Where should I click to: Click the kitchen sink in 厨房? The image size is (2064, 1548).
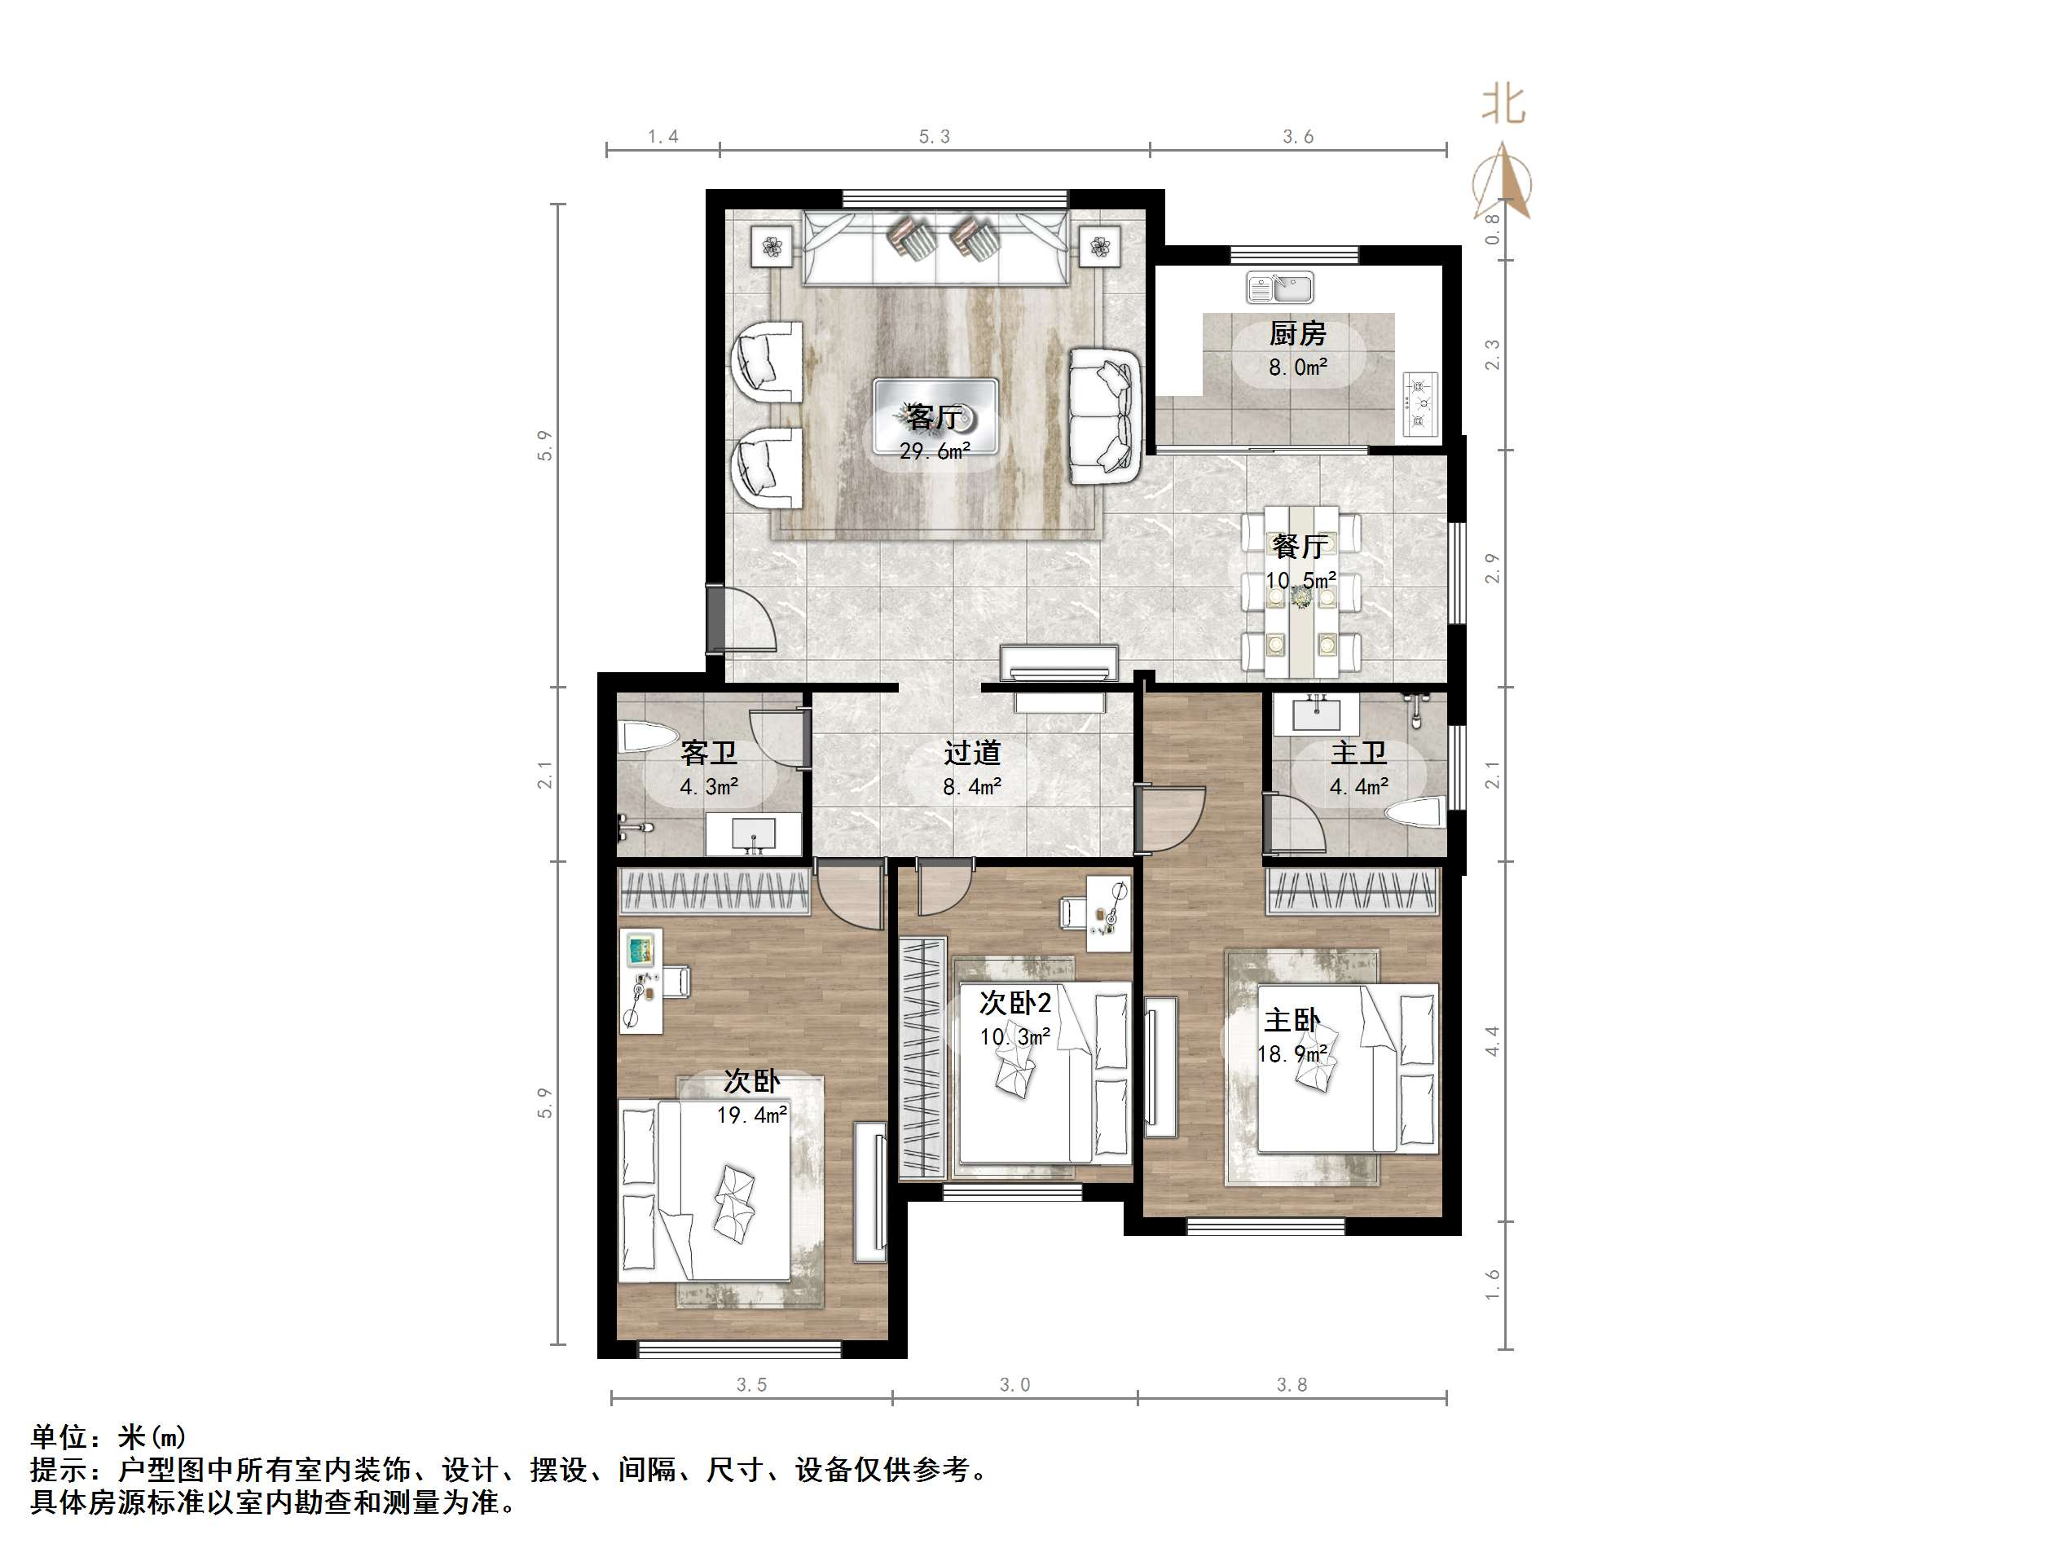(1279, 288)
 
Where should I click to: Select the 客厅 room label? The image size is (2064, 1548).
(933, 416)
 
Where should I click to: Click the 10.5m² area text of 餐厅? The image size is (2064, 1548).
(1300, 580)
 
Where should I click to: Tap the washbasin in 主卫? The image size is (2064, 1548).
(1317, 715)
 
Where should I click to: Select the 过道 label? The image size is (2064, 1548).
(971, 753)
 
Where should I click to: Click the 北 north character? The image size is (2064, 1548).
(1503, 104)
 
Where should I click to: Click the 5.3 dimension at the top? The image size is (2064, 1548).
(934, 137)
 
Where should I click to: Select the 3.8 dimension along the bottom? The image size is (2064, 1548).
(1292, 1385)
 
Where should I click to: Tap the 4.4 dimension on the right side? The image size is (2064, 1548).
(1492, 1040)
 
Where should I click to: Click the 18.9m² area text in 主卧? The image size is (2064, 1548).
(1292, 1054)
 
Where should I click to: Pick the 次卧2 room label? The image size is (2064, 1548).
(1015, 1003)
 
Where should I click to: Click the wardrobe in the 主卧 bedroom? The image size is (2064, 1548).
(1351, 891)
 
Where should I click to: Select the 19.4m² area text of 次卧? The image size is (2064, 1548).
(751, 1114)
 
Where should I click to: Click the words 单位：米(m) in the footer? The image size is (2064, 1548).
(108, 1436)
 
